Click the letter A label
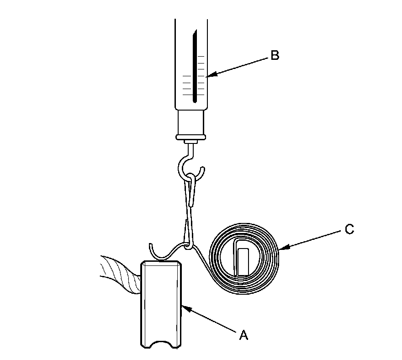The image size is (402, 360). [244, 336]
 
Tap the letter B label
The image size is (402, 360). [275, 56]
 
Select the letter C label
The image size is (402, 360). [349, 229]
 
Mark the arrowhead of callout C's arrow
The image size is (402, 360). [279, 249]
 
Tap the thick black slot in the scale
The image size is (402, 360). [194, 69]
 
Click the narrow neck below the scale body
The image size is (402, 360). [190, 121]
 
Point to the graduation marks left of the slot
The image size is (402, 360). [186, 85]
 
